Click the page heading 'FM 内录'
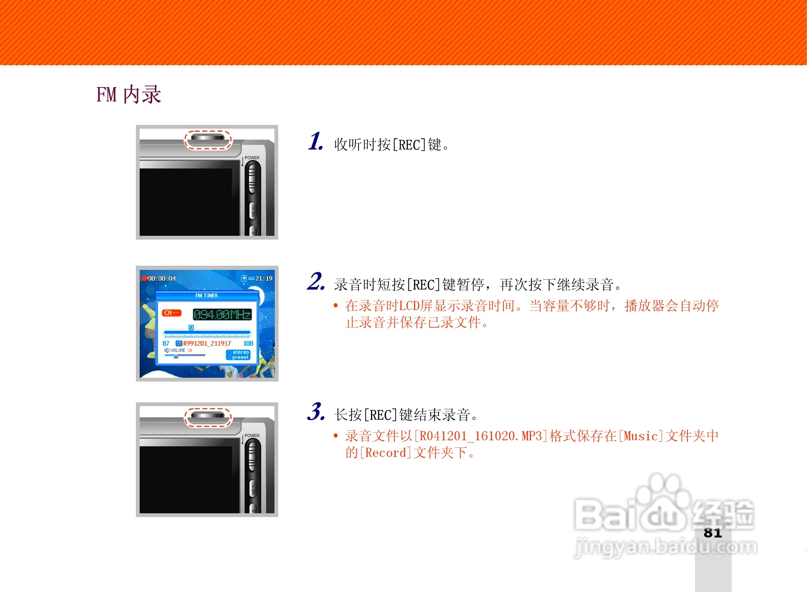tap(129, 95)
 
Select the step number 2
tap(316, 282)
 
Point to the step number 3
tap(316, 412)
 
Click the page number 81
tap(713, 533)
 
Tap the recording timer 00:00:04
tap(161, 279)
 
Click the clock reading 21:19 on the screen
tap(263, 279)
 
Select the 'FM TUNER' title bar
tap(207, 295)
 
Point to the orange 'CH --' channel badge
tap(171, 313)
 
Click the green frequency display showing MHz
tap(222, 315)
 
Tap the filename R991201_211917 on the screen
tap(207, 343)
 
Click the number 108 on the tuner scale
tap(248, 343)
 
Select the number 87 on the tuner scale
tap(166, 343)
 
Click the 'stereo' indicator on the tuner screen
tap(240, 352)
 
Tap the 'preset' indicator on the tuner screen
tap(240, 357)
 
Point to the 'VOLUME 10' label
tap(181, 351)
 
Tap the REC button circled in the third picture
tap(207, 416)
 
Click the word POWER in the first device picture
tap(252, 158)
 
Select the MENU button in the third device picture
tap(253, 489)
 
